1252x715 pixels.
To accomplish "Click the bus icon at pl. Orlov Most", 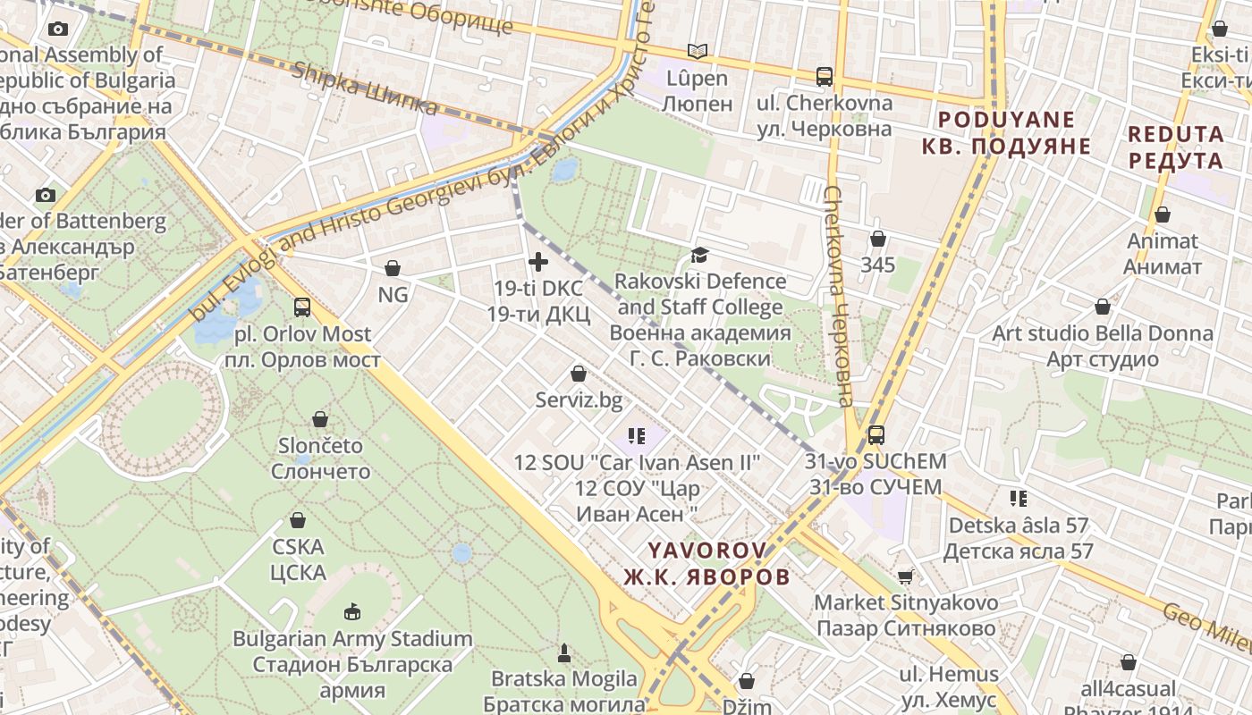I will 302,307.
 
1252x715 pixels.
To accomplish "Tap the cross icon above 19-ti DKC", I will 538,262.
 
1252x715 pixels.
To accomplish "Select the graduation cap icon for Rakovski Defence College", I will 699,256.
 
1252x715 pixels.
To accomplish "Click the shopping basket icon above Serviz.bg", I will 579,374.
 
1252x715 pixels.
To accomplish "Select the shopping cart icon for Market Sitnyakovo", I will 906,576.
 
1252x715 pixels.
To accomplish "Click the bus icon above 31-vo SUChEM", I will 876,435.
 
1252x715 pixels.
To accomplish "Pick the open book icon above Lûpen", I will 698,52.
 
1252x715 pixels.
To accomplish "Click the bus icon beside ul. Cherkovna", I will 825,77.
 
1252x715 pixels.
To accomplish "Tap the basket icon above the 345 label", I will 878,239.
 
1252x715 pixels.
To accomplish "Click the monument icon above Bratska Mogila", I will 564,652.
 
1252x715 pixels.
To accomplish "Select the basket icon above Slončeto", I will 320,418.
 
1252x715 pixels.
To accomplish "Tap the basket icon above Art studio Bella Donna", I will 1103,307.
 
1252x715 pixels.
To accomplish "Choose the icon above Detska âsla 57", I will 1018,499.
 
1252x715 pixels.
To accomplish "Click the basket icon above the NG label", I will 392,267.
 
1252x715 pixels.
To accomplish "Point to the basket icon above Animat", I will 1163,214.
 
